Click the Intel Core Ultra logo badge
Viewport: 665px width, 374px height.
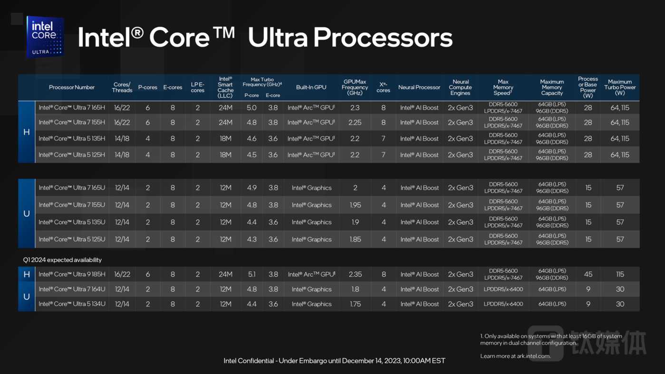pos(45,37)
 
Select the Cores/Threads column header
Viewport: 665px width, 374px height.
pos(122,87)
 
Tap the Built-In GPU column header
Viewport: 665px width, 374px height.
pos(311,87)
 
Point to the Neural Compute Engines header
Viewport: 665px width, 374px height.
pos(460,87)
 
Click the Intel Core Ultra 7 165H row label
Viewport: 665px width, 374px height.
pos(72,108)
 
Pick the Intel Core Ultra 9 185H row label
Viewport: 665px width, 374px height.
pos(72,274)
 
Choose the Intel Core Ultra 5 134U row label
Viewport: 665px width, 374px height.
pos(72,304)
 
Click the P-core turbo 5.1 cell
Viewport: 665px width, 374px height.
pos(251,274)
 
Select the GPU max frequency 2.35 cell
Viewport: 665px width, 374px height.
pos(355,274)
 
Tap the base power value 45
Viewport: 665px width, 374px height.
pos(588,274)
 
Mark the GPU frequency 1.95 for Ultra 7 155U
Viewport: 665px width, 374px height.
pos(355,205)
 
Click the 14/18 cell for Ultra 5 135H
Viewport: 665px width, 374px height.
pos(122,139)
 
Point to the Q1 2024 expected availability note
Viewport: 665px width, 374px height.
pos(62,260)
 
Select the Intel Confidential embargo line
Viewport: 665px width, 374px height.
pos(334,361)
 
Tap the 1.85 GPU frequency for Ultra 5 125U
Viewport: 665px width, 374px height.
pos(355,240)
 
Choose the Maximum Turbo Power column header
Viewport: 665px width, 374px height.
pos(620,87)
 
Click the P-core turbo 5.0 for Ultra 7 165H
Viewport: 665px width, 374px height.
pos(251,108)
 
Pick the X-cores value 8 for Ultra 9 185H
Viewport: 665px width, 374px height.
pos(384,274)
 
